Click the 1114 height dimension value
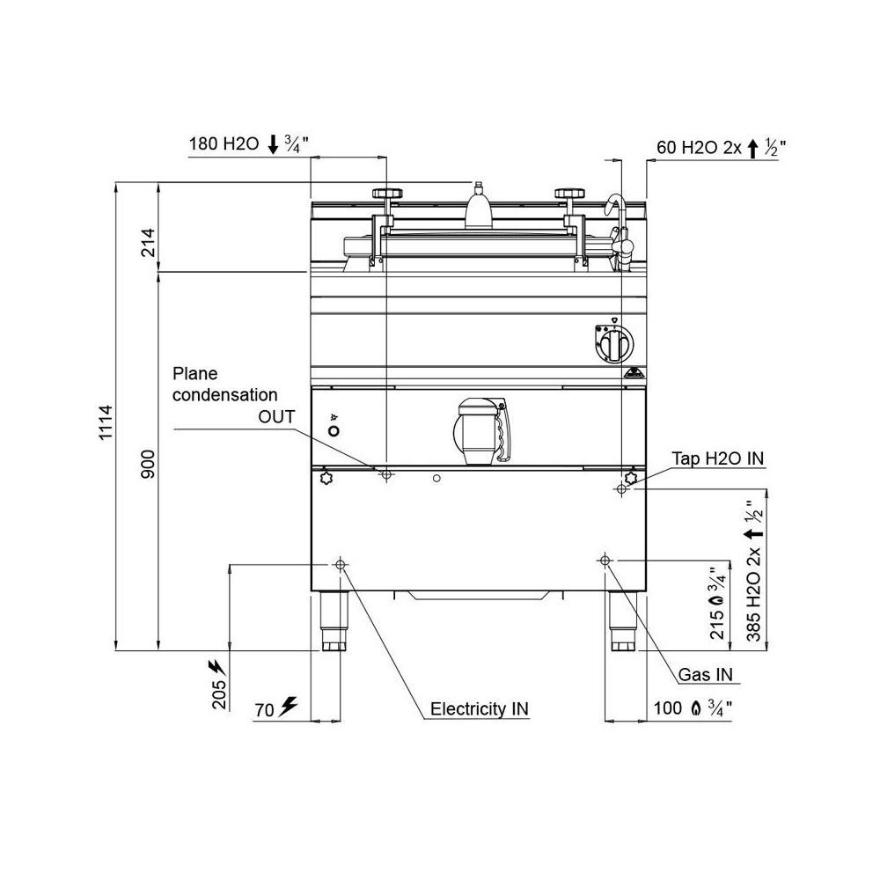click(x=106, y=422)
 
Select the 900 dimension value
click(x=148, y=464)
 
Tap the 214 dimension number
click(x=148, y=242)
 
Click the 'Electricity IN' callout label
click(x=480, y=708)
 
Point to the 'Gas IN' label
click(x=706, y=674)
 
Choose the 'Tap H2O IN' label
click(x=718, y=458)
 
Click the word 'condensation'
click(x=225, y=395)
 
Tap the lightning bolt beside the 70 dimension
click(x=289, y=707)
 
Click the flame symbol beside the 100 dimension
click(x=696, y=708)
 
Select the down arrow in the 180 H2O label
click(x=273, y=143)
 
